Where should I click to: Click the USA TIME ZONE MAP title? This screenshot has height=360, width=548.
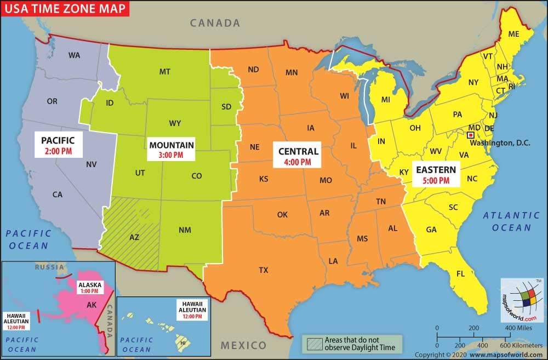(x=65, y=9)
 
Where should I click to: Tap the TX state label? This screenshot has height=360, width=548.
(x=264, y=270)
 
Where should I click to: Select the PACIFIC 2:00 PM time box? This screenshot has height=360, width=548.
(x=58, y=144)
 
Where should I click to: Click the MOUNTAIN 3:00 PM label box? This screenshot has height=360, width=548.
(x=171, y=150)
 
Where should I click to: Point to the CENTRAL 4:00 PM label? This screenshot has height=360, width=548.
(x=298, y=156)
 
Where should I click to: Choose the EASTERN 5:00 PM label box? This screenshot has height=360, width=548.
(x=436, y=174)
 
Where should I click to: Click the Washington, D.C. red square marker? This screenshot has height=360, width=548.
(x=470, y=134)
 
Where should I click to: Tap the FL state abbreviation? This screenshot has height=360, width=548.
(x=461, y=273)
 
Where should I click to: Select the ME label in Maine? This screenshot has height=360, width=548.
(x=513, y=33)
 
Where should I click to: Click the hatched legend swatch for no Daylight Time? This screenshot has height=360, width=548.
(x=315, y=343)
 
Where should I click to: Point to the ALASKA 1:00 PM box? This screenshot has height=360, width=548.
(x=90, y=288)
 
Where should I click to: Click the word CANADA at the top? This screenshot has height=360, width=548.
(x=215, y=23)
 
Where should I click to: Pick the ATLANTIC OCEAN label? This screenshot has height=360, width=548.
(x=511, y=221)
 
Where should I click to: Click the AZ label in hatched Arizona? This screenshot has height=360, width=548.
(x=134, y=237)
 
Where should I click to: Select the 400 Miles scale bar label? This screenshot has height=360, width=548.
(x=518, y=328)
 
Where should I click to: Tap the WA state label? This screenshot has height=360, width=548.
(x=75, y=55)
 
